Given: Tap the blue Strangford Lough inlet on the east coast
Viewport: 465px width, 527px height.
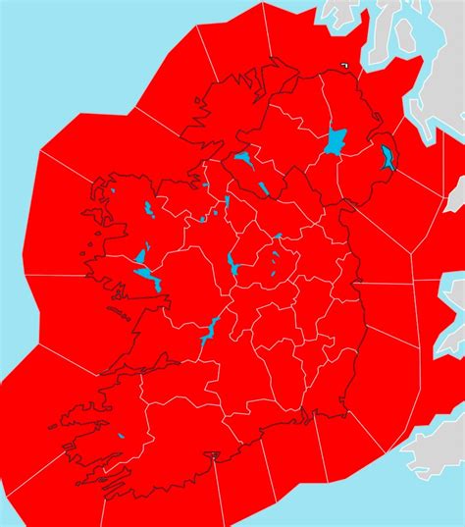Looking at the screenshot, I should click(388, 158).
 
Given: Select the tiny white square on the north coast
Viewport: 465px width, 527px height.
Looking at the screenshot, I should click(344, 66).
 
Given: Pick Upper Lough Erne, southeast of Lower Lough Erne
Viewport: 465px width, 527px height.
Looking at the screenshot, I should click(264, 188).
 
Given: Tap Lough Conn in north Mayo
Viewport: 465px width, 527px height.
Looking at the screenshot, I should click(148, 209).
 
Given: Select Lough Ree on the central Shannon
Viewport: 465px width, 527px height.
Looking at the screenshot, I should click(232, 263).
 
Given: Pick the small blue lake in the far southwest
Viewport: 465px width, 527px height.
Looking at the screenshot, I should click(120, 435).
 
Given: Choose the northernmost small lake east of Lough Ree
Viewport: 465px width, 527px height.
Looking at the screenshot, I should click(279, 236).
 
